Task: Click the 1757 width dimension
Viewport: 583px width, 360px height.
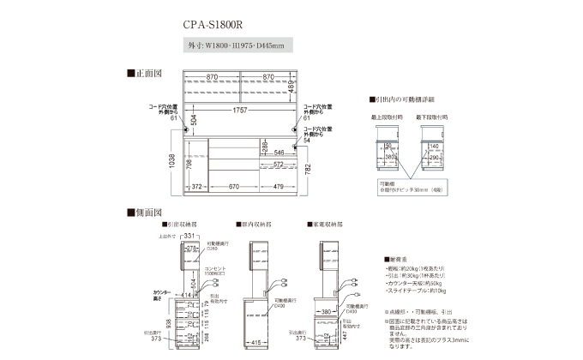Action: pyautogui.click(x=242, y=111)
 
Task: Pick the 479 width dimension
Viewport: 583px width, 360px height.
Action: pyautogui.click(x=281, y=186)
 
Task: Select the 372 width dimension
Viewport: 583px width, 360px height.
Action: pyautogui.click(x=197, y=186)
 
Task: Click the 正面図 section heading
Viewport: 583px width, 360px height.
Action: pyautogui.click(x=142, y=73)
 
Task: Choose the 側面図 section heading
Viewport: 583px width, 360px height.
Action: pyautogui.click(x=142, y=211)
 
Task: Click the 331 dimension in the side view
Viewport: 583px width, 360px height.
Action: pyautogui.click(x=190, y=235)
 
